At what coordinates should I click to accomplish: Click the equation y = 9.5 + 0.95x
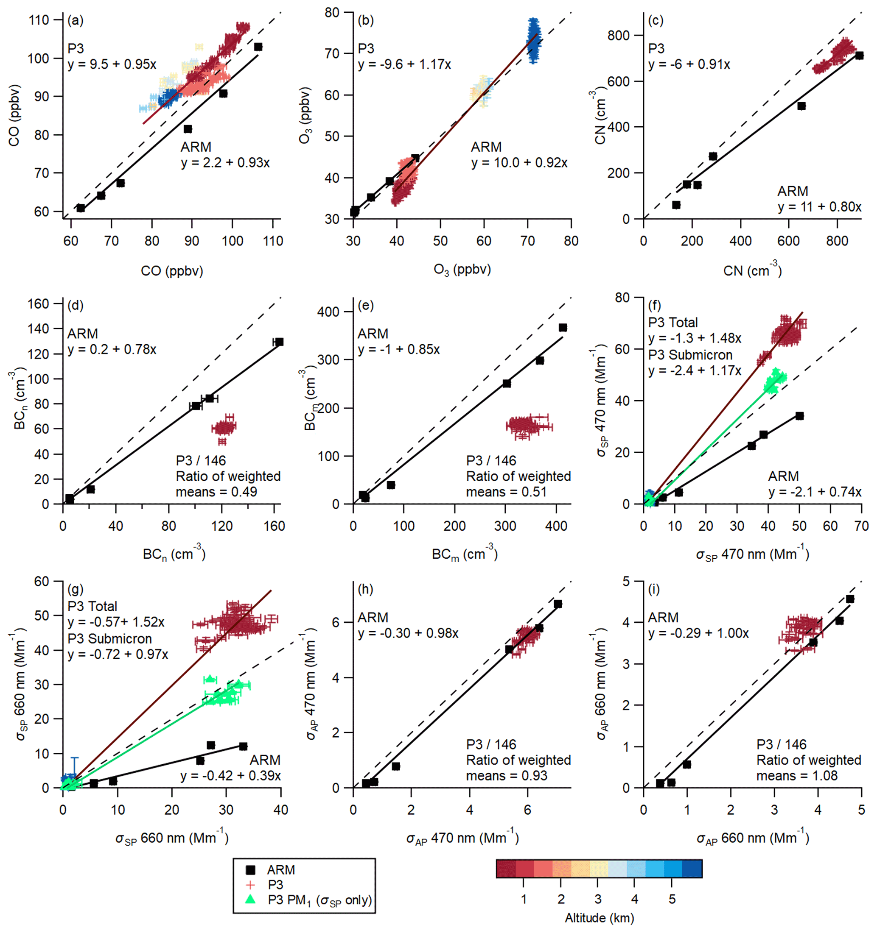click(112, 64)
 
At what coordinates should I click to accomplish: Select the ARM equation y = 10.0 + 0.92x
click(519, 163)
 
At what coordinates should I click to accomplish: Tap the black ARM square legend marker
click(251, 870)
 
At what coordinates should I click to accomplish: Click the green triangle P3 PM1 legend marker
click(251, 899)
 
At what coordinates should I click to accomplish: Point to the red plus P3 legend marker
click(251, 885)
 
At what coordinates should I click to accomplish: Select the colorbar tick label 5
click(672, 899)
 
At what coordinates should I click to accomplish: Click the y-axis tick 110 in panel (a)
click(39, 19)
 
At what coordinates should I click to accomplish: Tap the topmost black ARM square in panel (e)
click(563, 328)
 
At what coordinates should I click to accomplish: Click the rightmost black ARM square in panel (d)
click(280, 342)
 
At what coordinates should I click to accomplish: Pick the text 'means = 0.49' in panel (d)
click(216, 492)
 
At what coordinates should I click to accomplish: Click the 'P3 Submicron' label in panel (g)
click(109, 639)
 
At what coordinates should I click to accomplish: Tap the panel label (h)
click(365, 590)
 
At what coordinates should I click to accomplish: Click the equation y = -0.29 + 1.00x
click(698, 634)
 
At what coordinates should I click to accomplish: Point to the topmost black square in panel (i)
click(850, 599)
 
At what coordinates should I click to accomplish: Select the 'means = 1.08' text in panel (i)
click(797, 776)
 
